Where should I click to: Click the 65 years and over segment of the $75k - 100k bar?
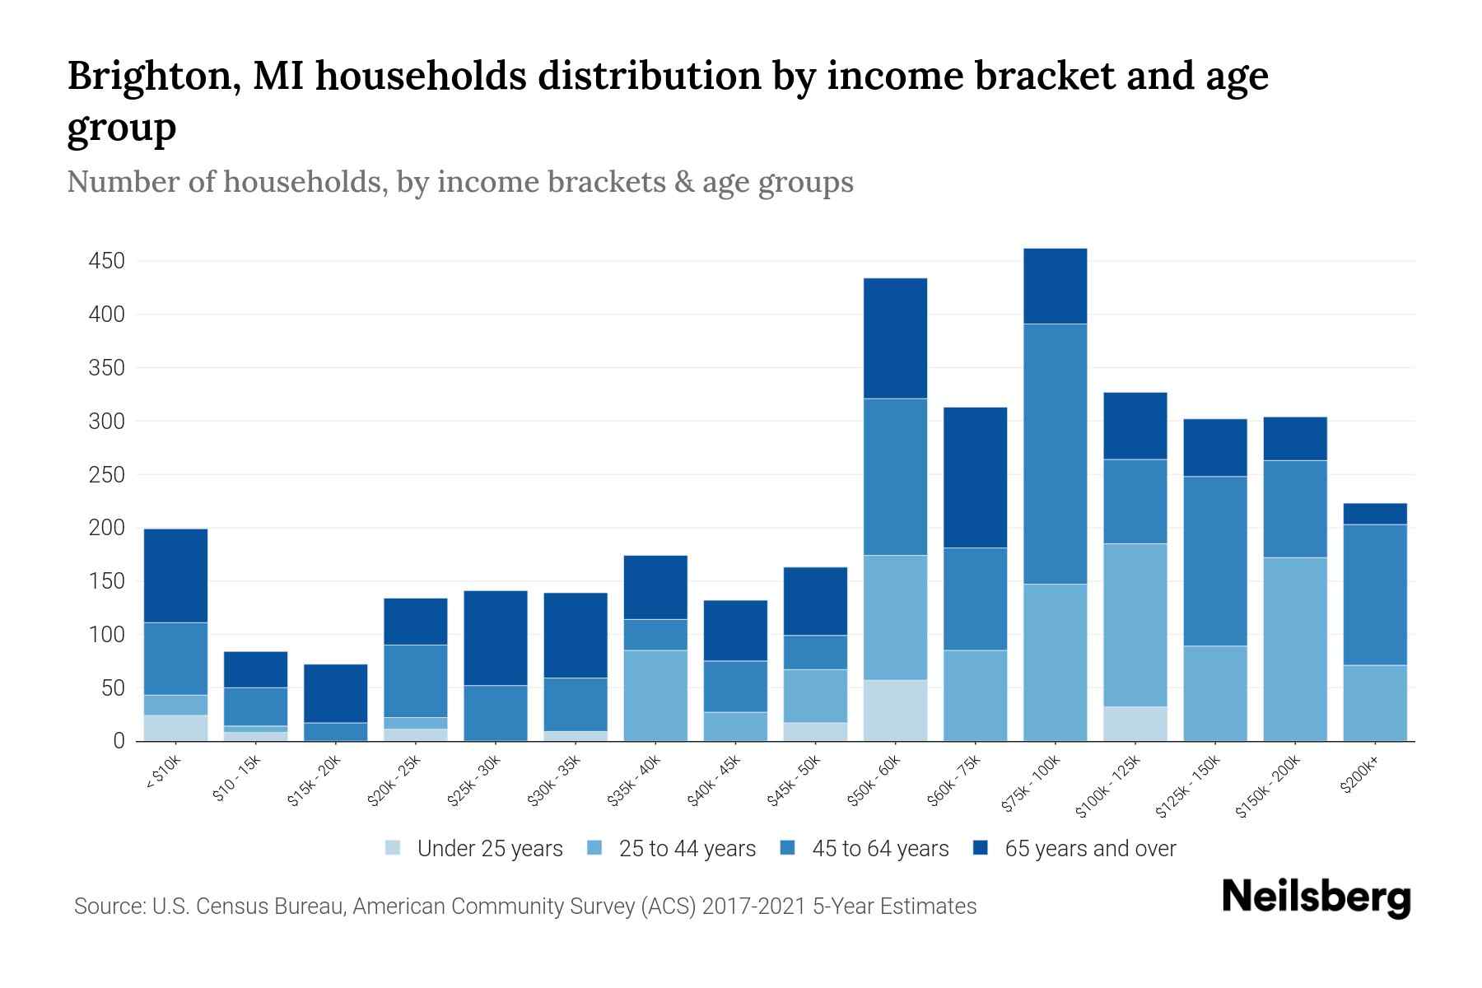pyautogui.click(x=1055, y=286)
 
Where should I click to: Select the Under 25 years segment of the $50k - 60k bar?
pyautogui.click(x=895, y=710)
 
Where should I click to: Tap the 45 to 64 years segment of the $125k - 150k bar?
pyautogui.click(x=1214, y=561)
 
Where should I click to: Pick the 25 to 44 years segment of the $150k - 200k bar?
pyautogui.click(x=1294, y=649)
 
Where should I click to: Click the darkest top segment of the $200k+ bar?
pyautogui.click(x=1374, y=514)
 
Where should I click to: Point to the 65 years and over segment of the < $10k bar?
pyautogui.click(x=175, y=576)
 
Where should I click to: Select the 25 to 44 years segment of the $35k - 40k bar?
pyautogui.click(x=655, y=695)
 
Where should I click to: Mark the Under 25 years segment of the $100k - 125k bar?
pyautogui.click(x=1135, y=723)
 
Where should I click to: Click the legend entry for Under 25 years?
pyautogui.click(x=489, y=849)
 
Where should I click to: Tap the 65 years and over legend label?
pyautogui.click(x=1090, y=849)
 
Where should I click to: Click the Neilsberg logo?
pyautogui.click(x=1316, y=897)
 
